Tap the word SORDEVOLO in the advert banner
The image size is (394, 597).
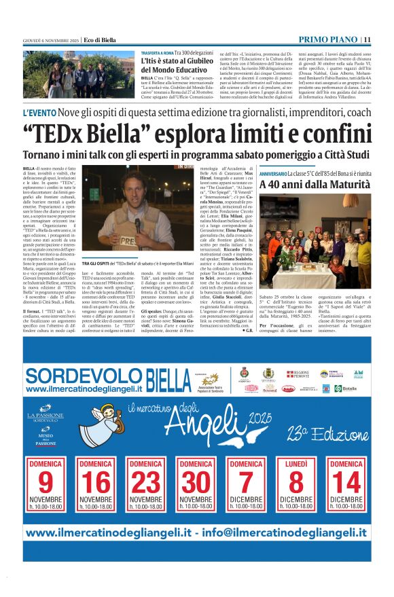[x=75, y=375]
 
